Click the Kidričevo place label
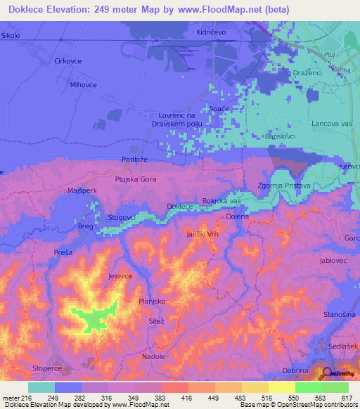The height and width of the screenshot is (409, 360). (x=210, y=33)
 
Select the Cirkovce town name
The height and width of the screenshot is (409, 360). (x=68, y=61)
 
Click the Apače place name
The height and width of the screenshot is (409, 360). (x=219, y=109)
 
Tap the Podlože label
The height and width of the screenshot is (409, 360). (x=134, y=160)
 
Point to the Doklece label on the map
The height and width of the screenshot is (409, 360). (x=180, y=206)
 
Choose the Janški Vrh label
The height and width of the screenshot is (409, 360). (x=203, y=233)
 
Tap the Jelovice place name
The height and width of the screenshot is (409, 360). (x=121, y=276)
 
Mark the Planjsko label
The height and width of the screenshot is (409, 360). (x=152, y=301)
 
